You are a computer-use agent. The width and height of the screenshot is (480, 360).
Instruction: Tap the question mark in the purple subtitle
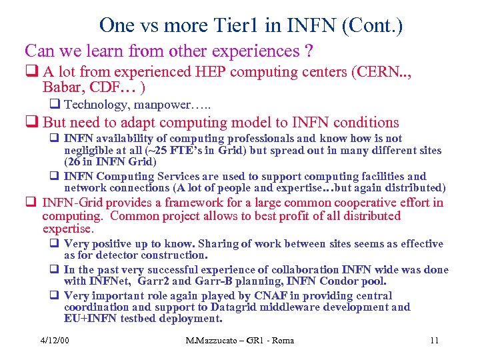(307, 51)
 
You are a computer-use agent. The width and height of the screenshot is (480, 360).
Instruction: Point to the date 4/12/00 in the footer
(55, 341)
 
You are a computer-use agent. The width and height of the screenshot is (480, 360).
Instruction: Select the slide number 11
(434, 341)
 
